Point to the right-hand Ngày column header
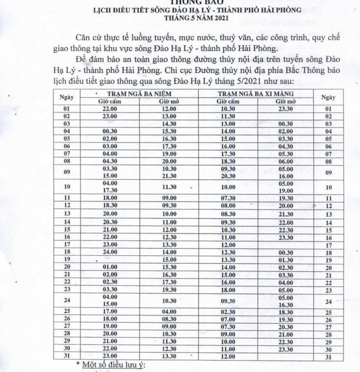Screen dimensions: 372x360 328,98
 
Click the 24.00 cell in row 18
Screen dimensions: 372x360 110,252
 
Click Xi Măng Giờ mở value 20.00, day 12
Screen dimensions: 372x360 286,205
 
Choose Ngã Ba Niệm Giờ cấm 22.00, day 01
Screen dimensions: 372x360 110,109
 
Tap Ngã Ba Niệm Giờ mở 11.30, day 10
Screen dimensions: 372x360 169,188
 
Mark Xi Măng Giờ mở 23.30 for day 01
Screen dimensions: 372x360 286,109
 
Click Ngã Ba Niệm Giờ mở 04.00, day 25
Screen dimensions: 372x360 169,312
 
